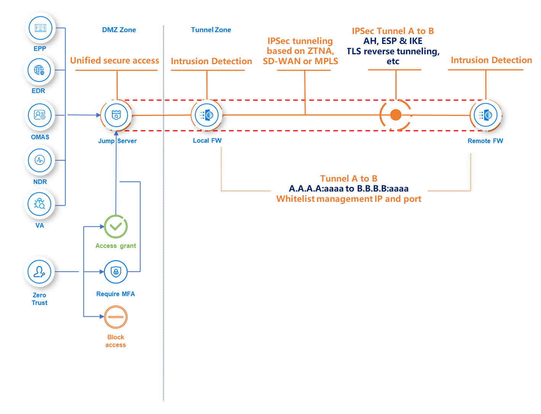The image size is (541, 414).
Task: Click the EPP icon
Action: pos(40,28)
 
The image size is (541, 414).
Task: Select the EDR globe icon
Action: pos(39,70)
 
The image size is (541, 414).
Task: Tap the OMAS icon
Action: pos(40,115)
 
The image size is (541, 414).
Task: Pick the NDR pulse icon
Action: pos(40,160)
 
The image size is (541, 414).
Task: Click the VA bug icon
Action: pos(40,204)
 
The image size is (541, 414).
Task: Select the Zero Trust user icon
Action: pos(39,272)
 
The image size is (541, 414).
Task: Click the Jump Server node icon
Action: pos(116,115)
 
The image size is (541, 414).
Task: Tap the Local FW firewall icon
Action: pos(207,115)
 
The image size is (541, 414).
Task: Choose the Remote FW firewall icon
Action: pos(486,115)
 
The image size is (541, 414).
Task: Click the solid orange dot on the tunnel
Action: pos(396,115)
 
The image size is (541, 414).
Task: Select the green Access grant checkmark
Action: pos(116,227)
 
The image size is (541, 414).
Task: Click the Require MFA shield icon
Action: pos(116,272)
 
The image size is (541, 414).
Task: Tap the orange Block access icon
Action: pos(116,317)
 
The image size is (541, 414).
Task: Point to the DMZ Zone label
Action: pos(119,30)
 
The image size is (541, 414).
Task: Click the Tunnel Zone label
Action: pos(211,30)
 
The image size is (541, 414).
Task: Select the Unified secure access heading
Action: pos(115,61)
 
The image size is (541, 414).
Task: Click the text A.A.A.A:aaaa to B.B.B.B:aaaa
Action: pos(348,188)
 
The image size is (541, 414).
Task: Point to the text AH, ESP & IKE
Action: pos(393,41)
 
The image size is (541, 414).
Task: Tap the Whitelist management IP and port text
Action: pos(348,199)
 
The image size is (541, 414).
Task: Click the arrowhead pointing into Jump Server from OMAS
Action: pos(98,115)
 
